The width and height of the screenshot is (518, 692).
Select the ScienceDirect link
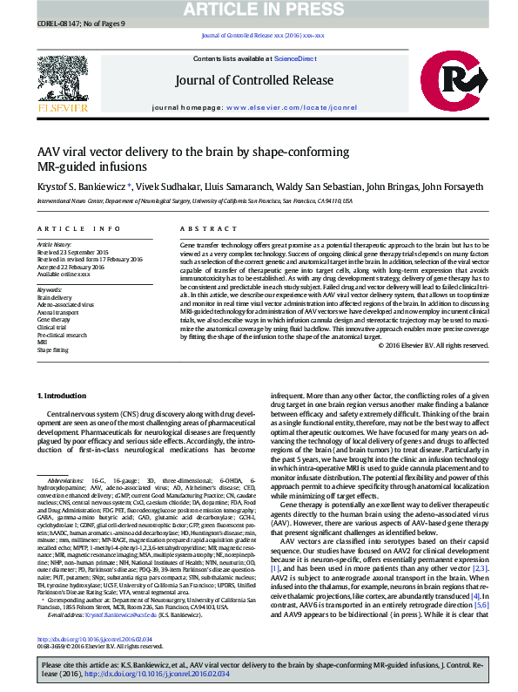295,58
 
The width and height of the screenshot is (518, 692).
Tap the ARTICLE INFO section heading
79,228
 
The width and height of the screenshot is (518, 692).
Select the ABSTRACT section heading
200,228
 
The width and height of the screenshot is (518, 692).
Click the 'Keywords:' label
50,288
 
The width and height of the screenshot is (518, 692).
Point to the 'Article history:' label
54,244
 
